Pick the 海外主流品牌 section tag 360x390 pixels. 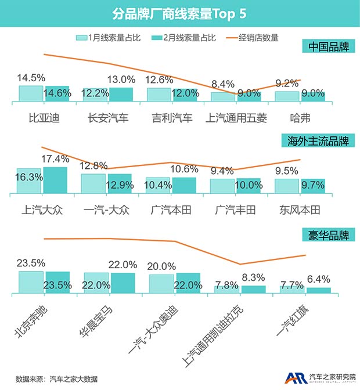click(x=321, y=141)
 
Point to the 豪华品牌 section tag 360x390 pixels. click(x=329, y=236)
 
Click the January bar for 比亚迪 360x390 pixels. click(x=31, y=93)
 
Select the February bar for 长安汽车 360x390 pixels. click(x=121, y=94)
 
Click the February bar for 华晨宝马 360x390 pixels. click(x=123, y=283)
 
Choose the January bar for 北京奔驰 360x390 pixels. click(x=31, y=282)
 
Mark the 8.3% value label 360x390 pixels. click(x=254, y=277)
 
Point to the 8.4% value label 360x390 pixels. click(x=222, y=84)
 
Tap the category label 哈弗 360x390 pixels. click(x=300, y=118)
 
